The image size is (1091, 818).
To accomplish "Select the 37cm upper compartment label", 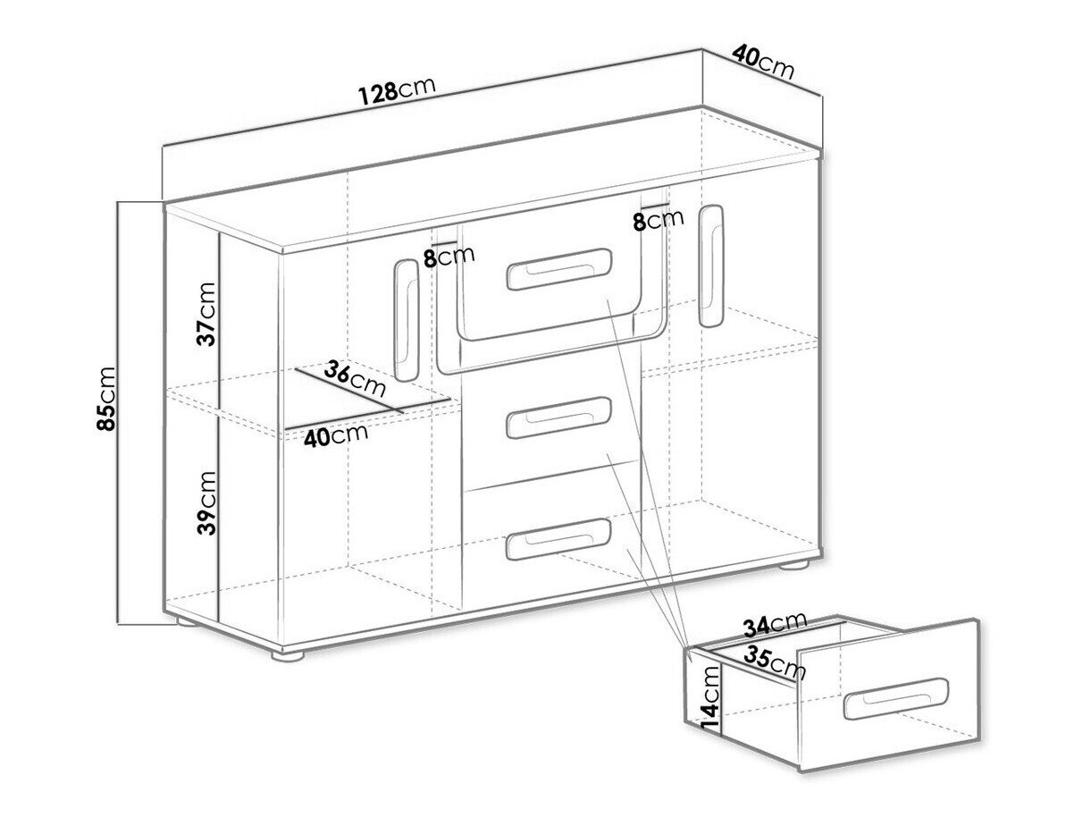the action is [206, 315].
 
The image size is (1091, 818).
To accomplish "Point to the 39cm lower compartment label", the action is [206, 502].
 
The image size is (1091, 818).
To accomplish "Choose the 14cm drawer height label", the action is [709, 697].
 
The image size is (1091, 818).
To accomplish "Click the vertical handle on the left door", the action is [407, 320].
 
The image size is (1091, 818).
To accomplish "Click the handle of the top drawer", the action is [558, 269].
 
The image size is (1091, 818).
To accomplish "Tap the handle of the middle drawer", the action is [558, 417].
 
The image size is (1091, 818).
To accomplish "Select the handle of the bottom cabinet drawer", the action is [558, 539].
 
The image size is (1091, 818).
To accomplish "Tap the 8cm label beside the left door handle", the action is [449, 256].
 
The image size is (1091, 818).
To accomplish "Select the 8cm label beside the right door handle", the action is [658, 220].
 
